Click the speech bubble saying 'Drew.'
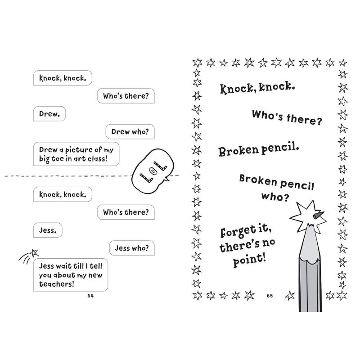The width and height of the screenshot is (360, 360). [49, 114]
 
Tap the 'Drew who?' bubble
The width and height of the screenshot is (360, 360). [130, 131]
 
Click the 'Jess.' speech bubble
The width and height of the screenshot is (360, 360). [48, 230]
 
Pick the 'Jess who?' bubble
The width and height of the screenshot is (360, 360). [132, 248]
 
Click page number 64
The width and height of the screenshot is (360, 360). [90, 296]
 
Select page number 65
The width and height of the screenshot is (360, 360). [270, 296]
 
